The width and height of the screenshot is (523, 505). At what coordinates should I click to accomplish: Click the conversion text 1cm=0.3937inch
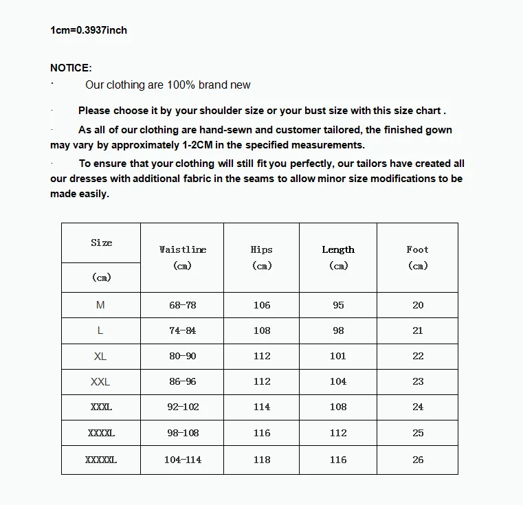(x=89, y=30)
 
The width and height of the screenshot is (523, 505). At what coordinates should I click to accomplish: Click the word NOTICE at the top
(x=70, y=68)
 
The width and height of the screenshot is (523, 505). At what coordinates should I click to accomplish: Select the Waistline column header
(x=182, y=250)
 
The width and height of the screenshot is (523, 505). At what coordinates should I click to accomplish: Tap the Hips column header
(x=261, y=250)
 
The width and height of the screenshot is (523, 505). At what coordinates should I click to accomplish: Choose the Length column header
(x=338, y=250)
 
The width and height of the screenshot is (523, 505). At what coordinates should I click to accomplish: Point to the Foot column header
(x=417, y=250)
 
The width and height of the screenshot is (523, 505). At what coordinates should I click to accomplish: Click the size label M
(x=100, y=305)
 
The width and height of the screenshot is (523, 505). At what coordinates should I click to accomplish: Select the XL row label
(x=100, y=356)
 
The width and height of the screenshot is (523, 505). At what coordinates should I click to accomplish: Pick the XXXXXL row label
(x=101, y=460)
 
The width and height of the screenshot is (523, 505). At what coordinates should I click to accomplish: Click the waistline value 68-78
(x=182, y=305)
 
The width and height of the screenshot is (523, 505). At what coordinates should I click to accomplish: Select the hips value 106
(x=262, y=305)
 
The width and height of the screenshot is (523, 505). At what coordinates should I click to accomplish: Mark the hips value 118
(x=262, y=460)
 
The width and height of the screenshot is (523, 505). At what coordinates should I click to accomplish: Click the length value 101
(x=338, y=356)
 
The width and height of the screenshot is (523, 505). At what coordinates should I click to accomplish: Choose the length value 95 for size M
(x=338, y=305)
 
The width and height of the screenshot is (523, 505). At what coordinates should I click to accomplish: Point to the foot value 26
(x=418, y=460)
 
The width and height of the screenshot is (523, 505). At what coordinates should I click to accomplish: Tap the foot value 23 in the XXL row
(x=418, y=381)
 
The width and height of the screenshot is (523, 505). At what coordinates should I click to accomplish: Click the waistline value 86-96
(x=182, y=381)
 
